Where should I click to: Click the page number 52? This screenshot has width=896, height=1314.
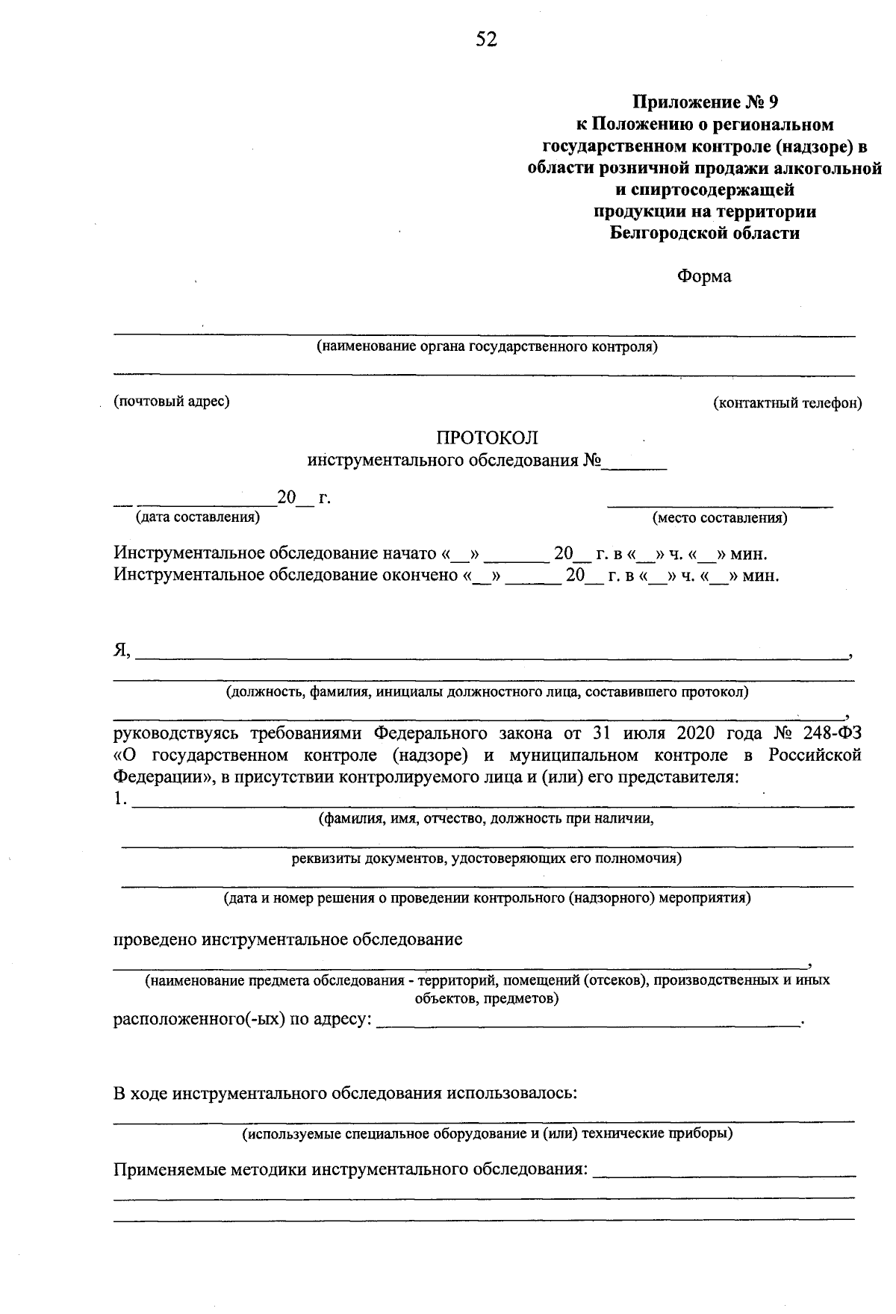point(486,40)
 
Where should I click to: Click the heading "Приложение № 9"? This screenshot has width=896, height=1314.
point(705,101)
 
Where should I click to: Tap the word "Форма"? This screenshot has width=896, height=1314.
point(704,276)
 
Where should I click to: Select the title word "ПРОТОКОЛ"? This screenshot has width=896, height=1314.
point(487,438)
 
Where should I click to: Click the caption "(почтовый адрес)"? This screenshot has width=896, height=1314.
point(172,402)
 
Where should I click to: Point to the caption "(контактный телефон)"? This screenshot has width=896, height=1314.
point(787,403)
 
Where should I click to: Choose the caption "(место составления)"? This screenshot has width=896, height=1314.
point(720,517)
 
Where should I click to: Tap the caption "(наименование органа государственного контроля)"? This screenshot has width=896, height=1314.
point(487,347)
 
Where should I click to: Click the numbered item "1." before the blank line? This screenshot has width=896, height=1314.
point(120,800)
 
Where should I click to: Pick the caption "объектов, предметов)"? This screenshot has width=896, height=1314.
point(486,998)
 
